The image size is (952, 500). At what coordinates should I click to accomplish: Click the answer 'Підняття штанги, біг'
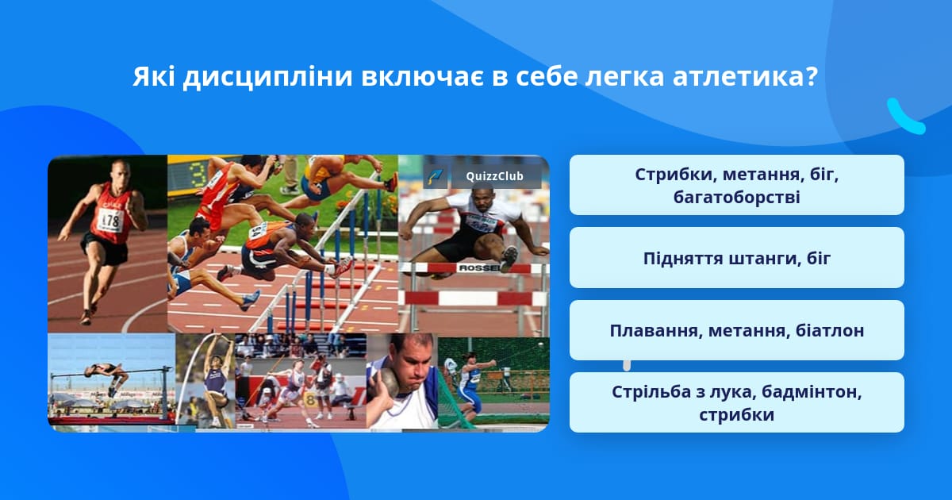coord(736,258)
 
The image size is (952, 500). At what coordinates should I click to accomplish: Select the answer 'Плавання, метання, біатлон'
coord(736,330)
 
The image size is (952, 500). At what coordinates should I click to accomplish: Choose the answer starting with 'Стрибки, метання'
coord(736,185)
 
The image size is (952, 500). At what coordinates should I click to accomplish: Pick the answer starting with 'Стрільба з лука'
coord(736,402)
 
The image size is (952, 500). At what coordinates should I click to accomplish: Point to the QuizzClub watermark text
coord(494,176)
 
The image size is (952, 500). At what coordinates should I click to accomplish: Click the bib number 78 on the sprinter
coord(112,221)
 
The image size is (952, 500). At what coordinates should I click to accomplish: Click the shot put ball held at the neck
coord(387,381)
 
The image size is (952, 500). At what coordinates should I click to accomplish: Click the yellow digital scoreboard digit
coord(198,175)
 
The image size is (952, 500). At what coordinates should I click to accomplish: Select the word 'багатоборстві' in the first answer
coord(736,198)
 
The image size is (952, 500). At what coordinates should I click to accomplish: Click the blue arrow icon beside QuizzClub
coord(435,176)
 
